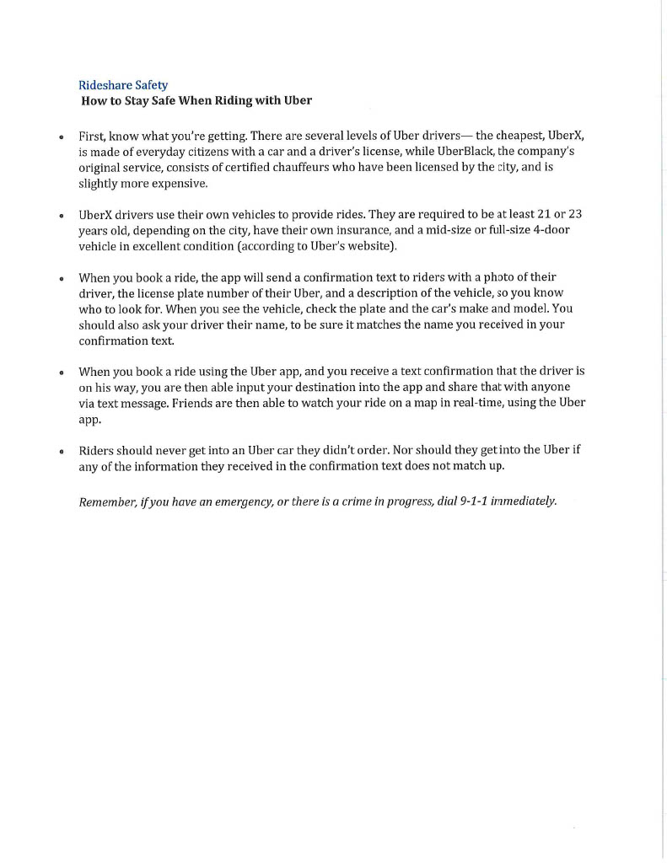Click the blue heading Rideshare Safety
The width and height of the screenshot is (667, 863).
click(122, 85)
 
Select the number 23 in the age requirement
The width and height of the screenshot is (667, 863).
click(573, 214)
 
